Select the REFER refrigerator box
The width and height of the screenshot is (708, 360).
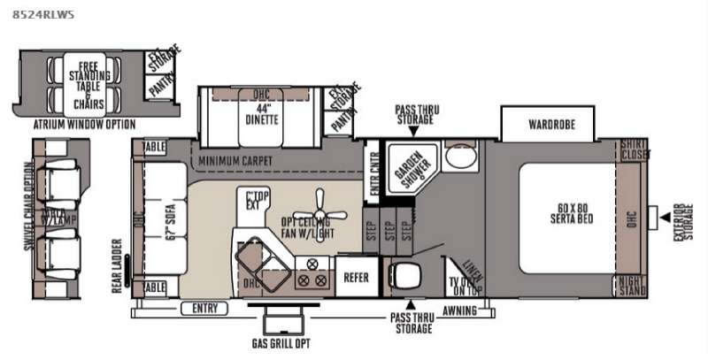pos(356,277)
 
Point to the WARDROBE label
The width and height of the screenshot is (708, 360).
pos(553,125)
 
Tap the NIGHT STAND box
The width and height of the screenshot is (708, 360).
pos(632,285)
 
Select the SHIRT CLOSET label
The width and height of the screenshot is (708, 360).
pos(632,150)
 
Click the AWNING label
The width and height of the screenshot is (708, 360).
pos(459,310)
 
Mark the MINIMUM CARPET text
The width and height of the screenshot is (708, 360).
pos(234,160)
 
